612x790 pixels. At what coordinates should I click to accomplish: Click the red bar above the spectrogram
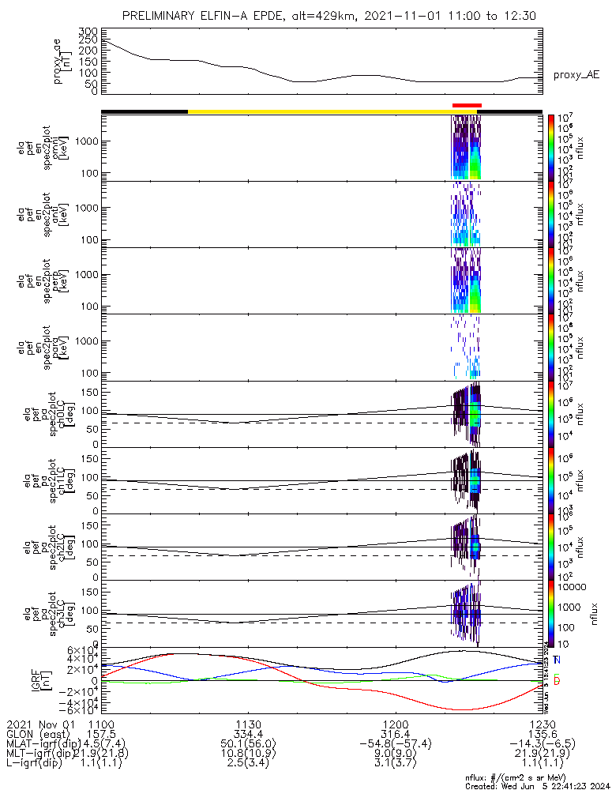click(467, 105)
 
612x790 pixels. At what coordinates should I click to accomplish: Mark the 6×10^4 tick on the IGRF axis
click(81, 650)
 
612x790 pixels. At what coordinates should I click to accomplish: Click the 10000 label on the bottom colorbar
click(573, 588)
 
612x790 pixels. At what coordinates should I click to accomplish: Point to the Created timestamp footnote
click(535, 784)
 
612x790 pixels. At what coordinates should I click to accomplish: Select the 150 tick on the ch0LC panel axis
click(88, 392)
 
